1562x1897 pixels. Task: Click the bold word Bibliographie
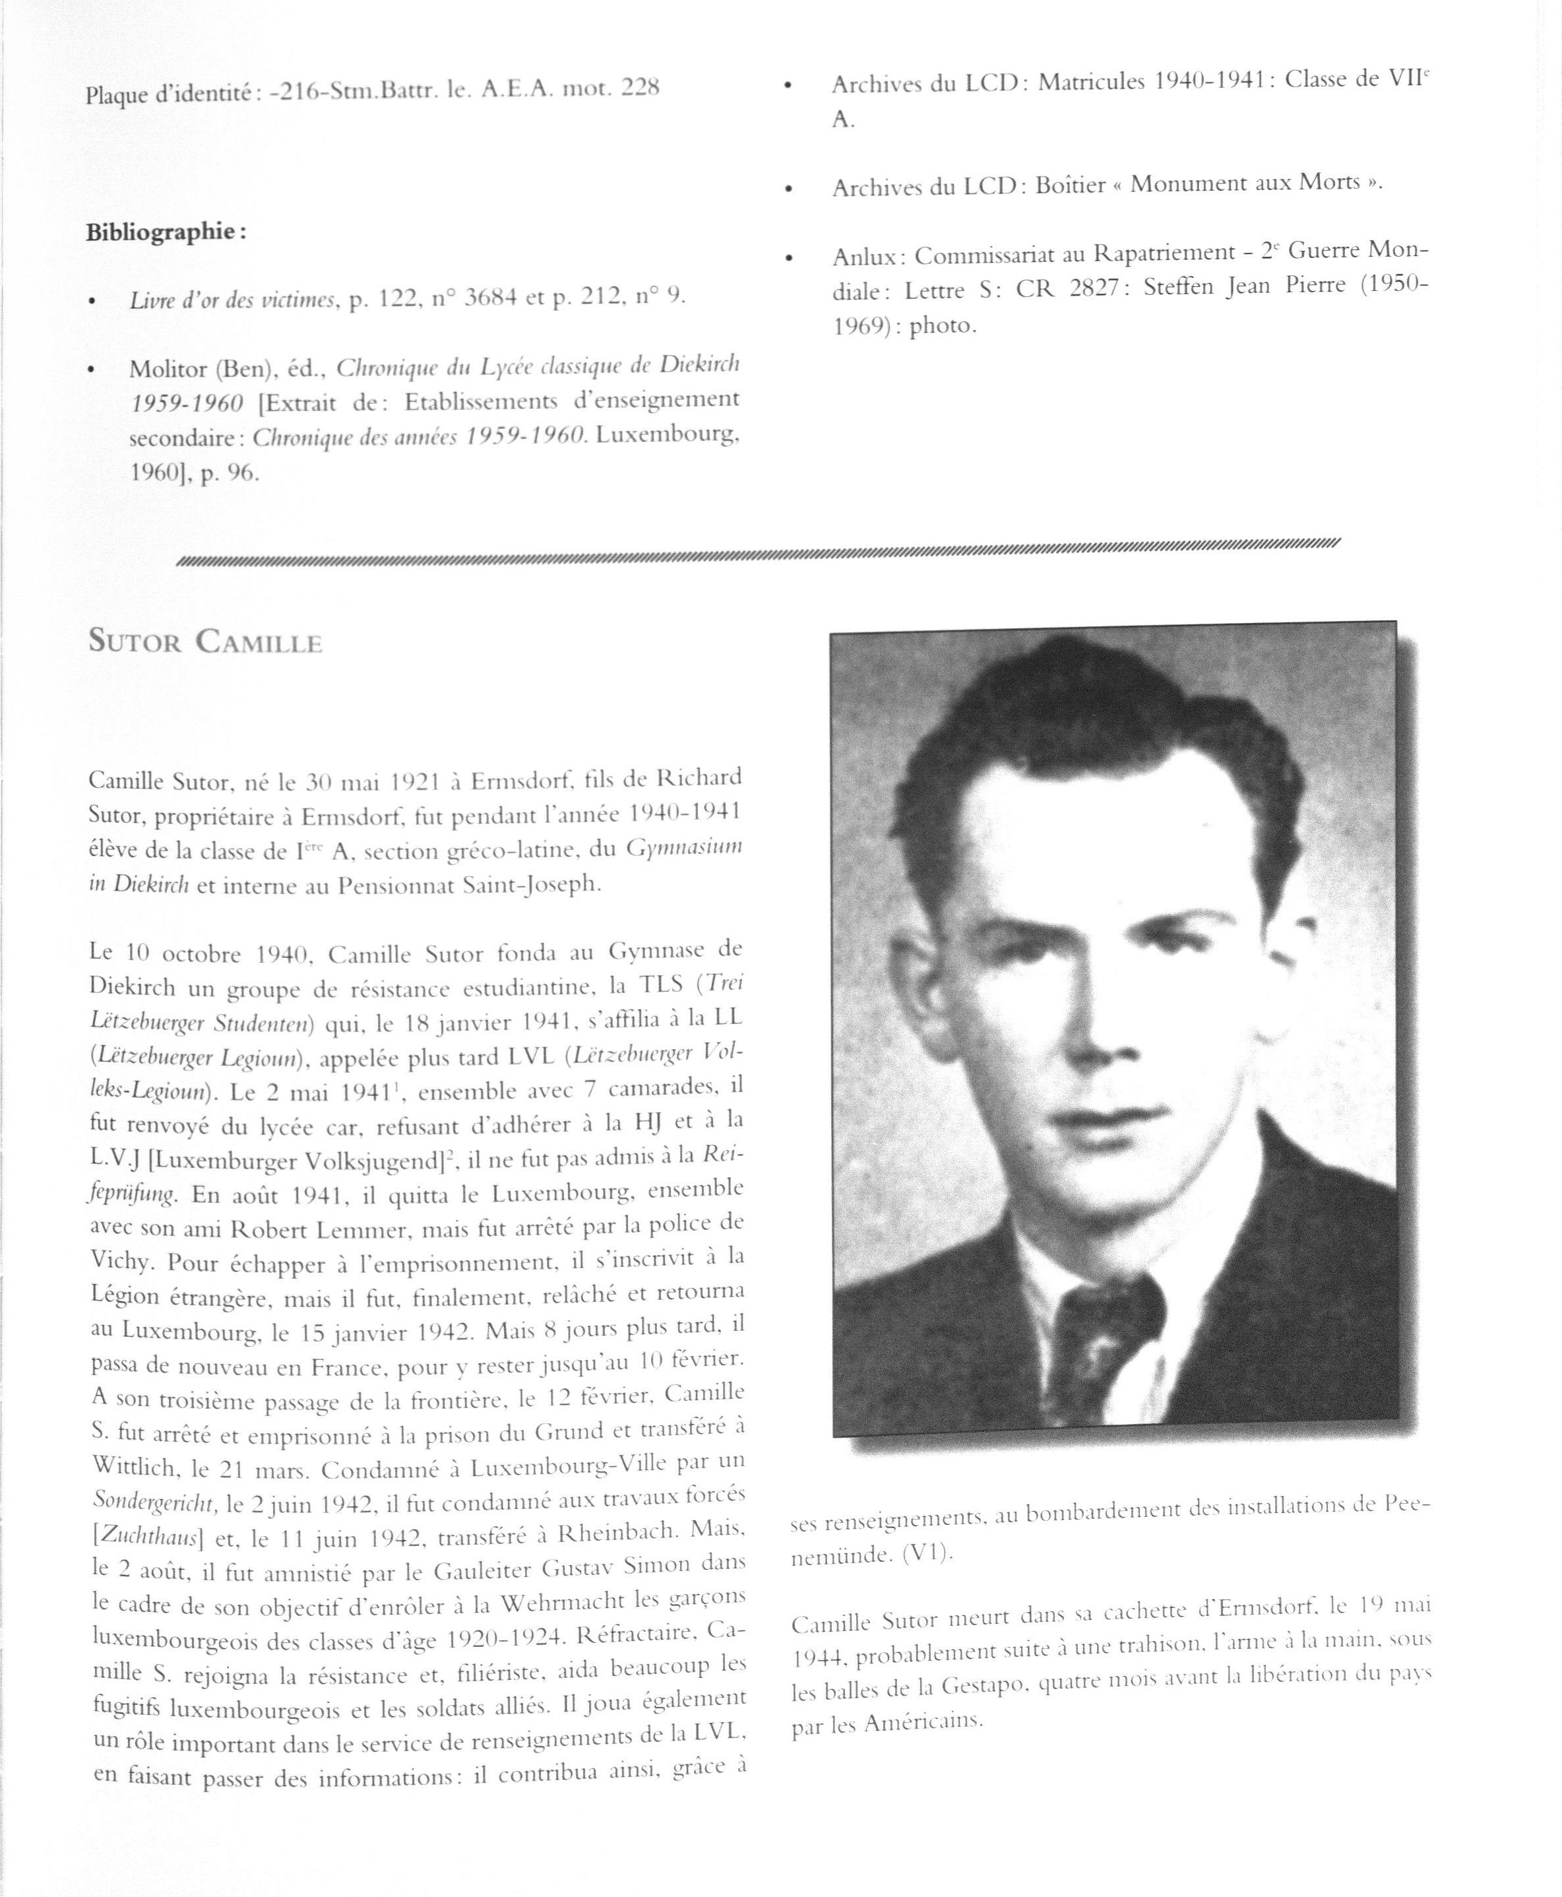[x=165, y=232]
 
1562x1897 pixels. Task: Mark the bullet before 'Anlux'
[x=789, y=258]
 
